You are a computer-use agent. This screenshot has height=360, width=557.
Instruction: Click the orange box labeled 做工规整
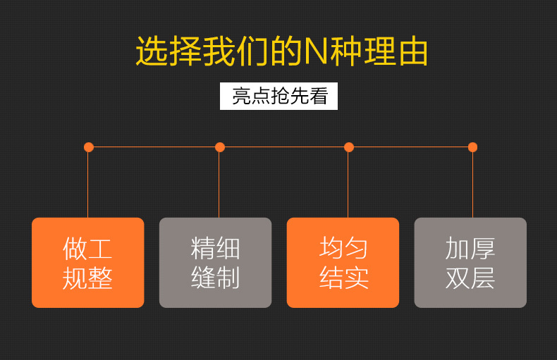tap(88, 263)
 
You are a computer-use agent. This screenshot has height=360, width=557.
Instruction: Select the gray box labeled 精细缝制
tap(215, 263)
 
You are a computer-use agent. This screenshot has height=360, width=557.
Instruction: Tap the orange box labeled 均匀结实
tap(343, 263)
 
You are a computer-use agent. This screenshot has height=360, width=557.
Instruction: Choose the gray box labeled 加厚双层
tap(470, 263)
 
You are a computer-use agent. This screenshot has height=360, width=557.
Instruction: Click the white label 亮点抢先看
tap(279, 97)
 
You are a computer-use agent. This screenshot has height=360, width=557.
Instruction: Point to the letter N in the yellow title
tap(316, 52)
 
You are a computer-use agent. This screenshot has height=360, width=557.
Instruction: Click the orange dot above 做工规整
tap(89, 147)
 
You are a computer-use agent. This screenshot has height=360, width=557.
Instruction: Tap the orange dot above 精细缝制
tap(220, 147)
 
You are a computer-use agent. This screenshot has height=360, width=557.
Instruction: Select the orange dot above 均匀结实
tap(349, 147)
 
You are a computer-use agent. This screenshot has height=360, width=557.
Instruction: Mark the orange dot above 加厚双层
tap(472, 147)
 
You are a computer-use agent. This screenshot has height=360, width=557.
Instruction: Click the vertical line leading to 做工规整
tap(87, 185)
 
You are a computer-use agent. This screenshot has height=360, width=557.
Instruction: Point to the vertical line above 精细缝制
tap(219, 185)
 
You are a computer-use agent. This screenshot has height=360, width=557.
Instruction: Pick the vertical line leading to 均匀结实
tap(348, 185)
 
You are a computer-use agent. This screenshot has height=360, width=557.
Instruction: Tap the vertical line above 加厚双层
tap(472, 185)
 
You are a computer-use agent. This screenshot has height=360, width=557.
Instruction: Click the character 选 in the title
tap(152, 51)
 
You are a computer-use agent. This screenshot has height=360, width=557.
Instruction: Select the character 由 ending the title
tap(413, 51)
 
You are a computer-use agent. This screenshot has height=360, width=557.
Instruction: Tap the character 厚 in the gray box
tap(483, 249)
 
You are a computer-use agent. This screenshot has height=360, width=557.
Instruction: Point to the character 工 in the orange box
tap(100, 249)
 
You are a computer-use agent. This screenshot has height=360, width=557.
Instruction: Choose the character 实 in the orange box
tap(356, 278)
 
